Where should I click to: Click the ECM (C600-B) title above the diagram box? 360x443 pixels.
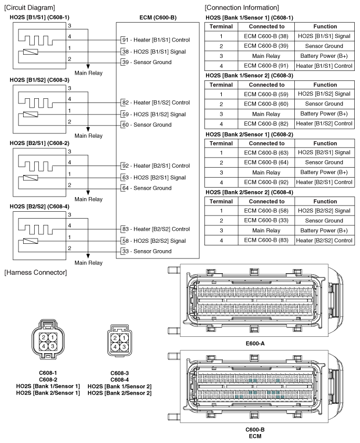157,17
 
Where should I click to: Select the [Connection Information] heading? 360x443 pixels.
242,7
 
